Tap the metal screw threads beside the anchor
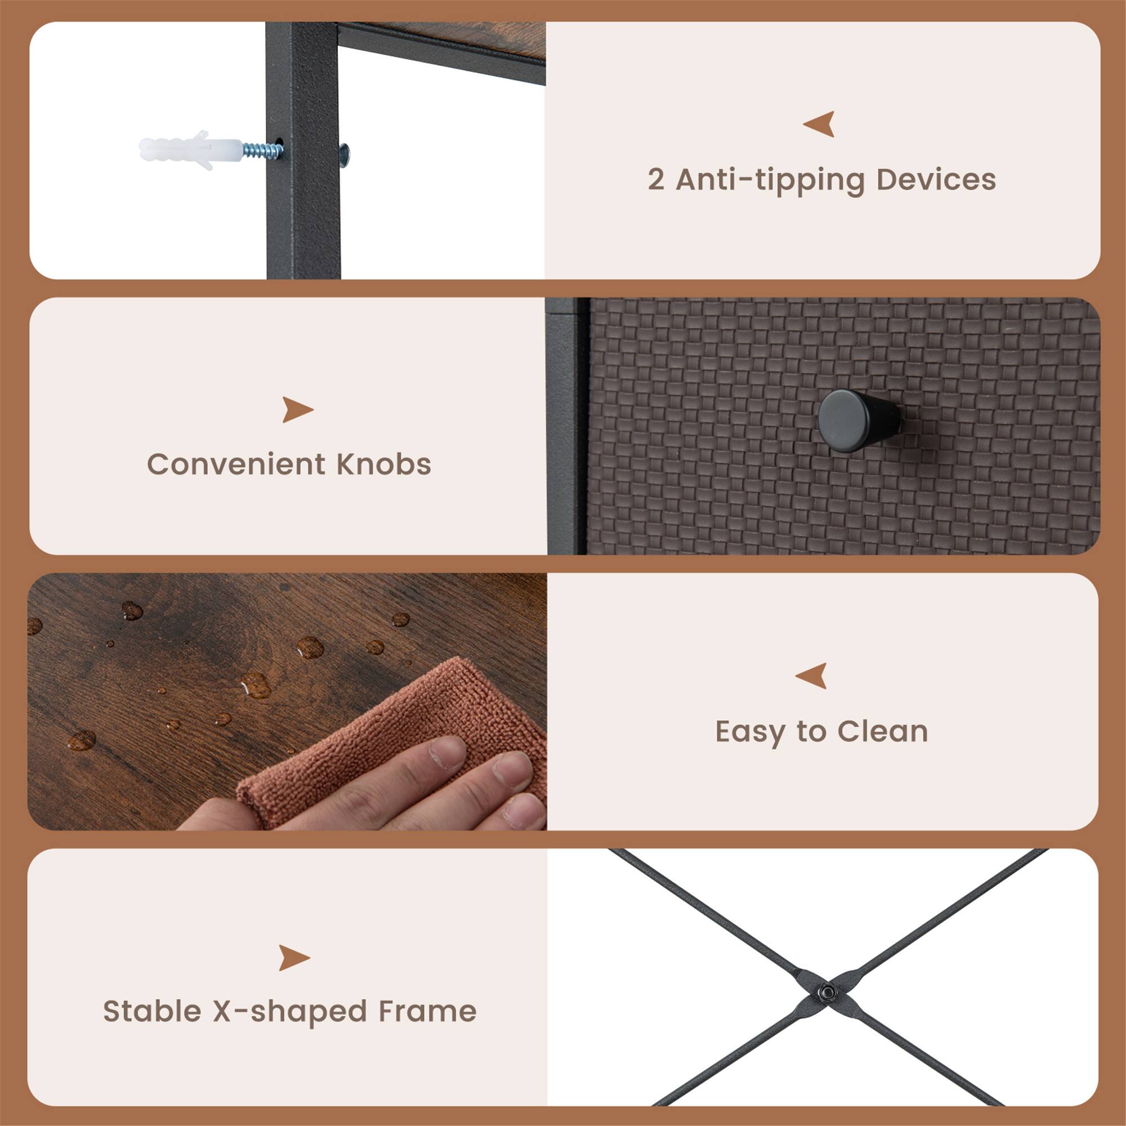(x=262, y=151)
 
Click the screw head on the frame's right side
(x=344, y=155)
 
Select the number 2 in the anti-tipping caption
(x=656, y=180)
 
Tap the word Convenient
(x=236, y=464)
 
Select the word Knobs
(x=383, y=464)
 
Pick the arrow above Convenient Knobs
(x=297, y=409)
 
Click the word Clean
(x=883, y=731)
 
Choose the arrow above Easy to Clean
(x=811, y=676)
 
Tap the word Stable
(x=152, y=1011)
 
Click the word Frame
(x=427, y=1011)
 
